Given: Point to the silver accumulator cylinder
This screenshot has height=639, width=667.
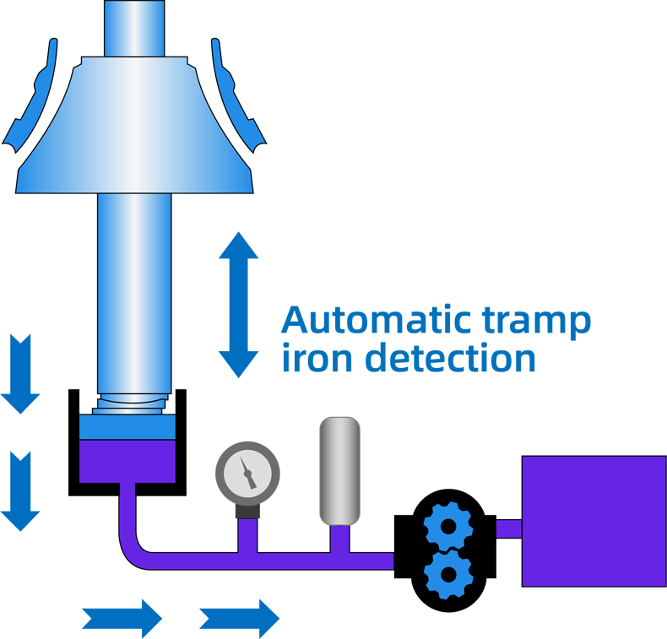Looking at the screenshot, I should pyautogui.click(x=339, y=471).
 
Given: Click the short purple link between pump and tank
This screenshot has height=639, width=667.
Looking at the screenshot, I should pyautogui.click(x=508, y=529).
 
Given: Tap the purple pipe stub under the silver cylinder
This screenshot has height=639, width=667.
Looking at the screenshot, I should pyautogui.click(x=339, y=539).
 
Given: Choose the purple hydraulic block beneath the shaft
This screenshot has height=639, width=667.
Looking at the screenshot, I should pyautogui.click(x=127, y=460).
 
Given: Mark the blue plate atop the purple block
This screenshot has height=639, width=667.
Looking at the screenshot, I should pyautogui.click(x=127, y=427).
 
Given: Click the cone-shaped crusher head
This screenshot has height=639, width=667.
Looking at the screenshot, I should pyautogui.click(x=135, y=127).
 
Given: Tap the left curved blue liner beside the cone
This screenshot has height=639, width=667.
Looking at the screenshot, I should pyautogui.click(x=34, y=97).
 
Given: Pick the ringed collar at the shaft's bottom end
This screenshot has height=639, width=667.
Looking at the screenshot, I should pyautogui.click(x=133, y=403).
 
